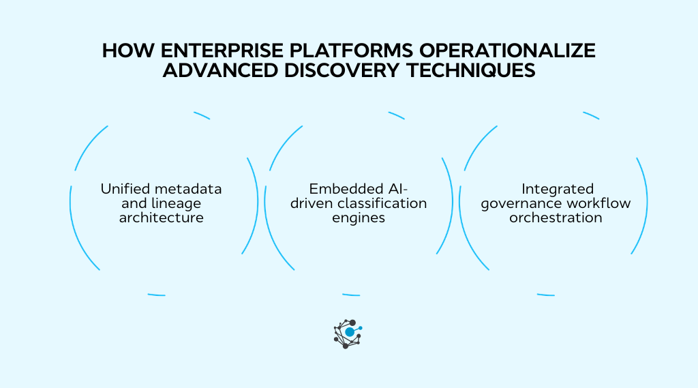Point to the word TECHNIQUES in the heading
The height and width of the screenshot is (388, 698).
(x=465, y=72)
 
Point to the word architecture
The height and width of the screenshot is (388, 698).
(x=162, y=218)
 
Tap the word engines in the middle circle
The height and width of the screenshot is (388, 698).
(x=359, y=218)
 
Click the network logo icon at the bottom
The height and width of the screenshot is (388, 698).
(x=347, y=333)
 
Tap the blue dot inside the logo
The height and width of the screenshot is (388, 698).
(x=350, y=332)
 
